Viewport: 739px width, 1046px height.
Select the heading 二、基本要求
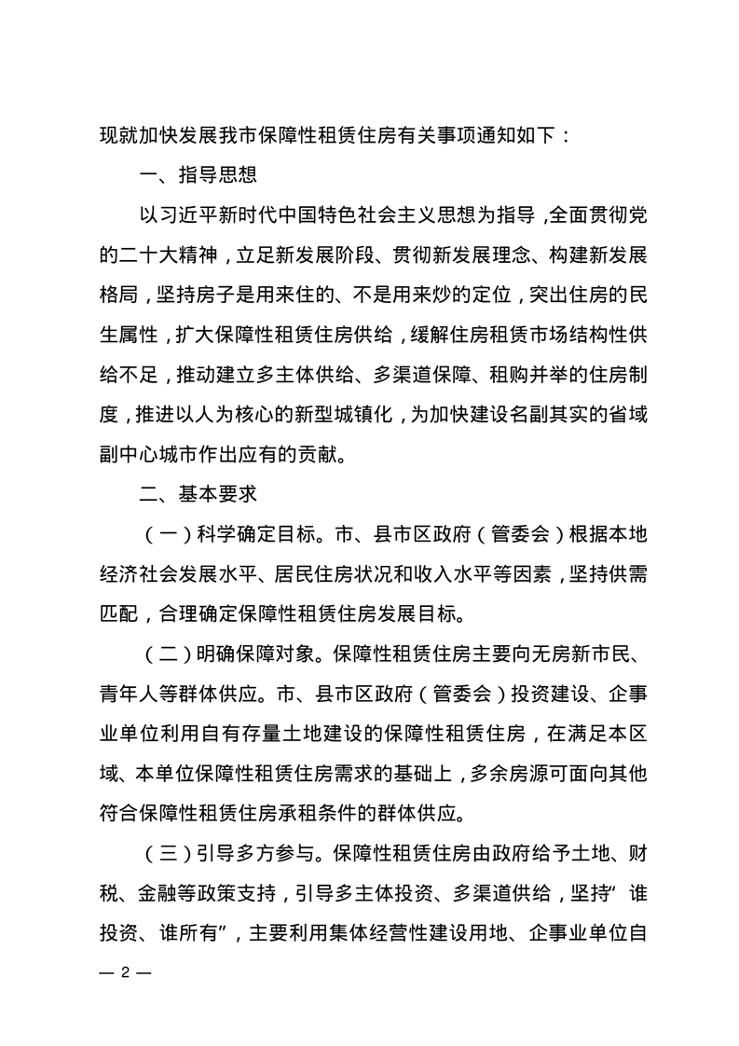pos(197,489)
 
